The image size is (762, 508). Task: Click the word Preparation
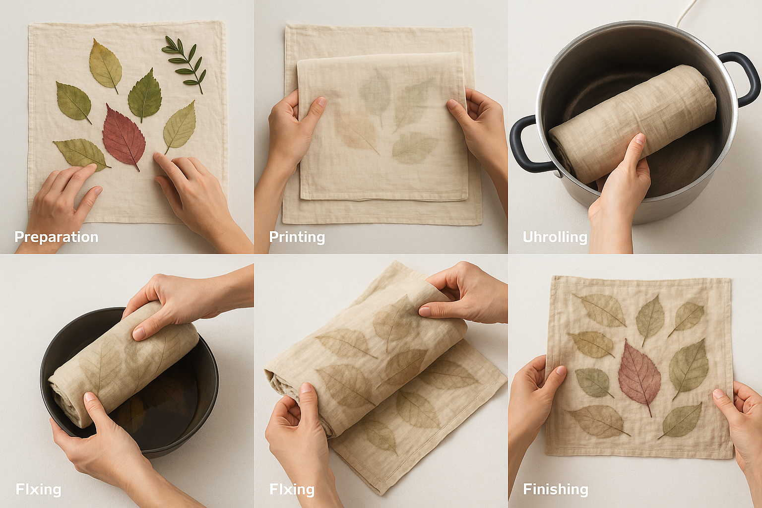(x=57, y=237)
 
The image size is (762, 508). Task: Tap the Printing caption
(x=297, y=237)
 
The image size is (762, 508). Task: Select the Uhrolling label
(x=555, y=237)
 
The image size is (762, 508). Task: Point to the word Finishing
(x=556, y=489)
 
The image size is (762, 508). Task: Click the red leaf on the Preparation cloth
(x=124, y=136)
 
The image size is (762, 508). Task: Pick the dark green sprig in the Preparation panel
(x=185, y=63)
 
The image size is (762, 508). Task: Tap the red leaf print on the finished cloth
(x=639, y=377)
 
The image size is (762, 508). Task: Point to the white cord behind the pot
(x=686, y=13)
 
